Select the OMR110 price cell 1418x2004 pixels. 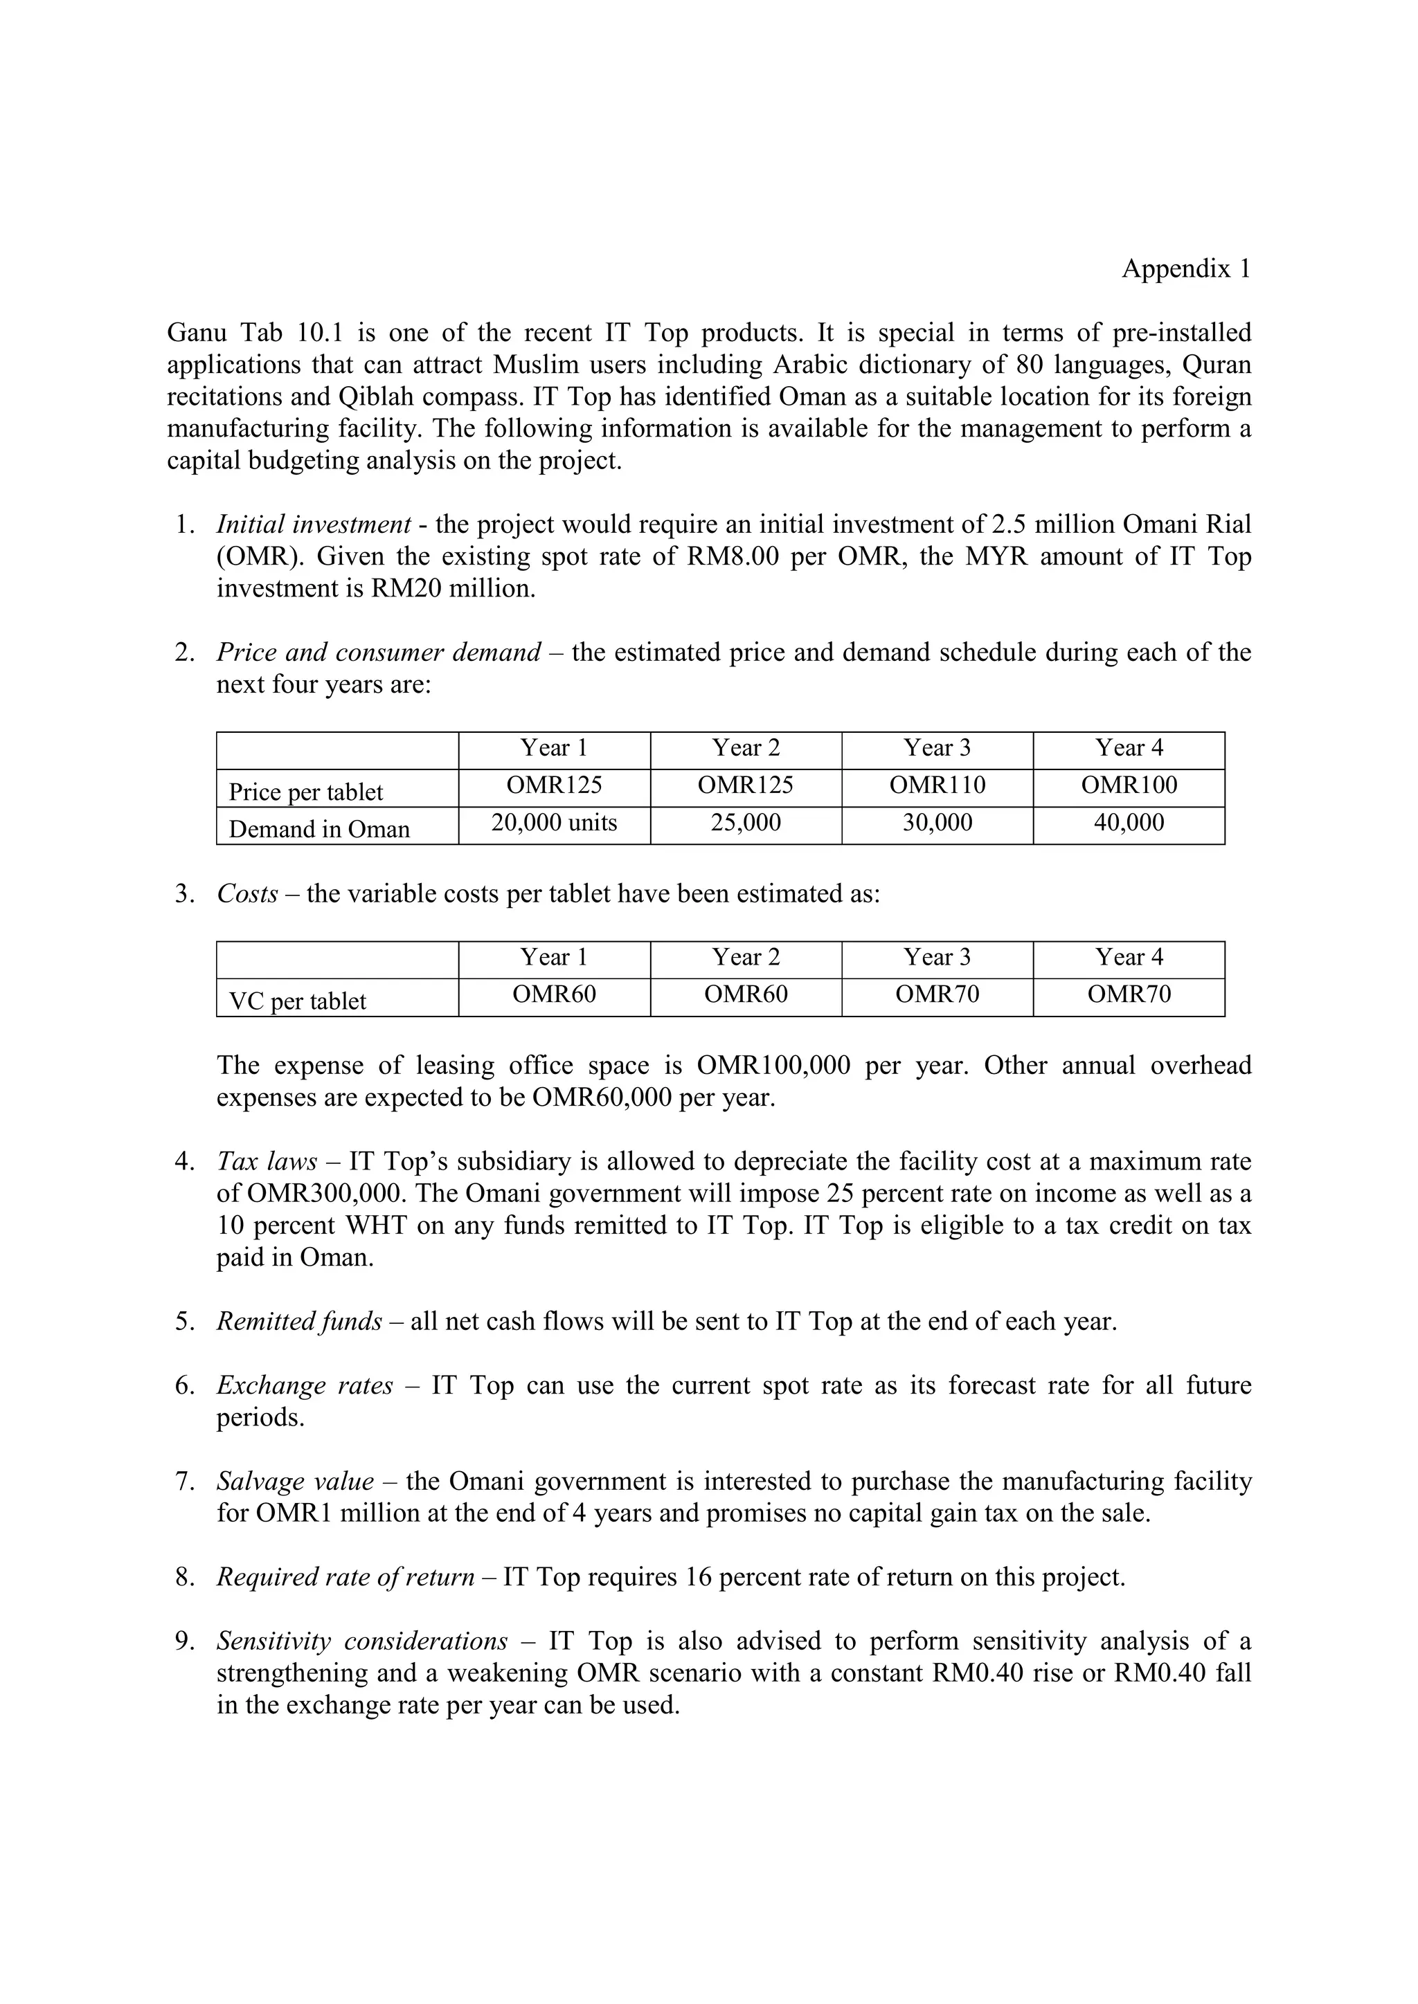click(x=937, y=785)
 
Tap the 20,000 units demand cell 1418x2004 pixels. click(x=554, y=823)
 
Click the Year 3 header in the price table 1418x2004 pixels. click(x=937, y=748)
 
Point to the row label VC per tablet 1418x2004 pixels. click(x=297, y=1001)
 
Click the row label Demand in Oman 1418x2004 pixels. click(x=318, y=829)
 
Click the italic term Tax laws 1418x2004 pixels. click(x=267, y=1162)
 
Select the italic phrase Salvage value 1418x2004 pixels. click(x=295, y=1481)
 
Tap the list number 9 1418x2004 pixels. click(x=183, y=1641)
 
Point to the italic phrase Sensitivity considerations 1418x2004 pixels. click(x=361, y=1641)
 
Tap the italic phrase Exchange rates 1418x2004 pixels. click(x=305, y=1385)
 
